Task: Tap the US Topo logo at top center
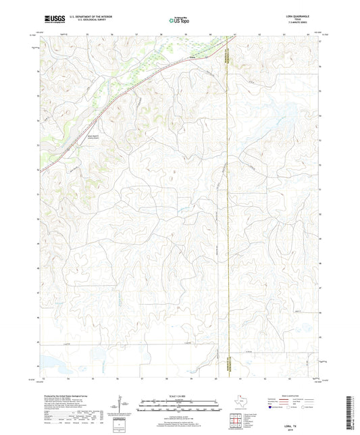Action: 180,20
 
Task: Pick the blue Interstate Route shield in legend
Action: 272,408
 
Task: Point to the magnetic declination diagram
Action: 120,407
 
